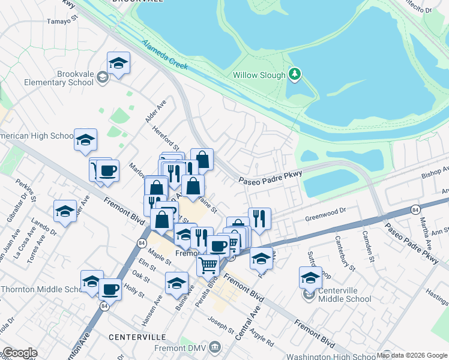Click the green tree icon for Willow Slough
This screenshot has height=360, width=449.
pos(294,74)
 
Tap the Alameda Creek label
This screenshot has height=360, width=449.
pos(166,53)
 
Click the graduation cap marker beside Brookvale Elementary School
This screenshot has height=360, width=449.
pos(118,63)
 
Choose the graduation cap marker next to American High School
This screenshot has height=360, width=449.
pos(85,140)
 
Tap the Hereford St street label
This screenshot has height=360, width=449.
pos(166,137)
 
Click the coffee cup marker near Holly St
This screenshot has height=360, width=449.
pos(110,289)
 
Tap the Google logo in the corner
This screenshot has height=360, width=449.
pos(20,353)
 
